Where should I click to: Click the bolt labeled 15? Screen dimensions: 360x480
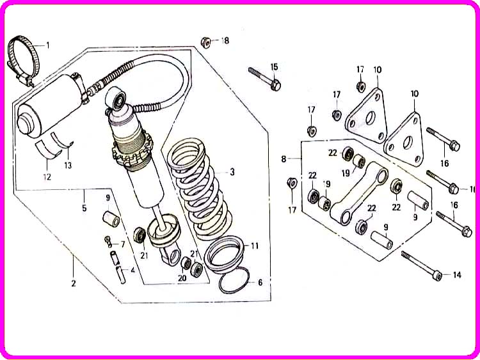pyautogui.click(x=264, y=76)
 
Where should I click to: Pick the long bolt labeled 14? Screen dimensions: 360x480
pyautogui.click(x=420, y=265)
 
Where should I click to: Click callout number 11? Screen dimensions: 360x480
pyautogui.click(x=255, y=246)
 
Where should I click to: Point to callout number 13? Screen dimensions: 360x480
pyautogui.click(x=68, y=165)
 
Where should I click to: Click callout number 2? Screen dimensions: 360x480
pyautogui.click(x=73, y=283)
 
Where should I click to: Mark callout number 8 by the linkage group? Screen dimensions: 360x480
pyautogui.click(x=284, y=158)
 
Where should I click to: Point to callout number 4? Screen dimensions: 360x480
pyautogui.click(x=132, y=270)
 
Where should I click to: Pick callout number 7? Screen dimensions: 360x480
pyautogui.click(x=123, y=244)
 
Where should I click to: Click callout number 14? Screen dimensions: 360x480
pyautogui.click(x=456, y=276)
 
